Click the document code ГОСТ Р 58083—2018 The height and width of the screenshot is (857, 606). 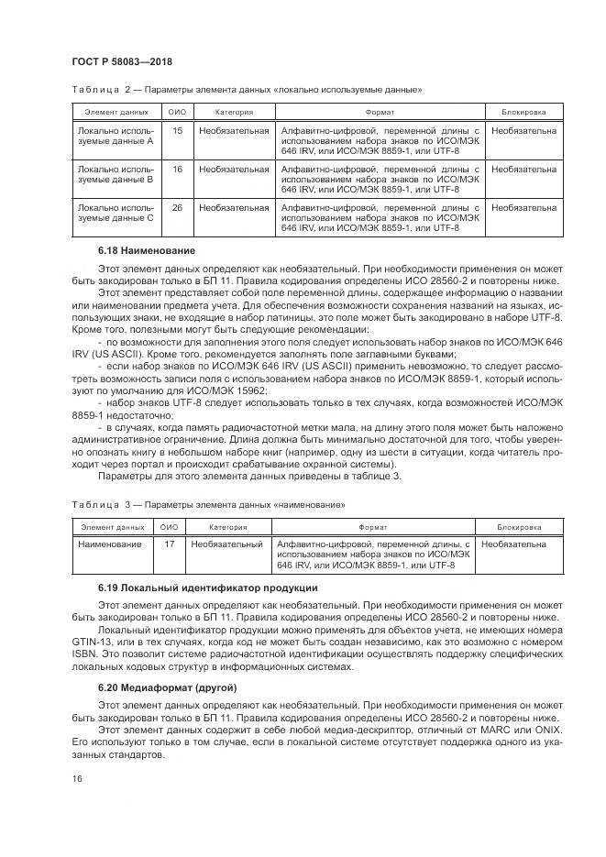(122, 61)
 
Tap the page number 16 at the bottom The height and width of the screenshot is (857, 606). (76, 777)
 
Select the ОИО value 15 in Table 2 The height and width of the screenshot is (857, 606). (177, 131)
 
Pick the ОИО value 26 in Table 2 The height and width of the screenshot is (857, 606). (177, 207)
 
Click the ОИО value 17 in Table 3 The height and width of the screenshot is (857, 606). (169, 544)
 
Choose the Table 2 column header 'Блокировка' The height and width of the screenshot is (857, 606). (523, 112)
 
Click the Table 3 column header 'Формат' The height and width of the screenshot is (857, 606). (372, 527)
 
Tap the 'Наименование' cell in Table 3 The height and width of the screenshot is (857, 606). (110, 544)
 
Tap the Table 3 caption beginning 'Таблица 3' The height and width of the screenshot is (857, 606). (208, 505)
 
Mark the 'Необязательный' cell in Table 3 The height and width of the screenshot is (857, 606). (226, 544)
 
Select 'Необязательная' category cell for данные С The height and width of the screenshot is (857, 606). (234, 207)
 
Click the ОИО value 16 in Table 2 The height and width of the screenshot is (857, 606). (177, 169)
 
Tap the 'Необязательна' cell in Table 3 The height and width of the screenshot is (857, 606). (512, 544)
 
